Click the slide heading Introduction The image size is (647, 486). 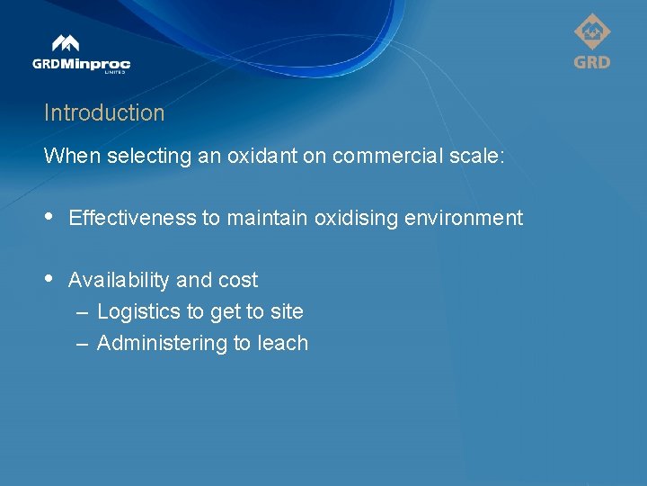pos(104,113)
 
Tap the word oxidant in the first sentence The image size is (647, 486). pos(258,156)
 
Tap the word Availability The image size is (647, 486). pos(120,280)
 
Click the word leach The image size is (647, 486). pos(283,343)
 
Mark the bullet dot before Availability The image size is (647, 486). pos(49,280)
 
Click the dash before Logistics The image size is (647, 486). pos(82,312)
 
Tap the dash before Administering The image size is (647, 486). pos(82,344)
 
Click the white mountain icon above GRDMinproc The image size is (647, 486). pos(66,43)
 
